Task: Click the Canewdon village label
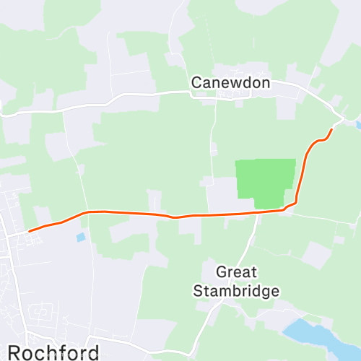click(230, 83)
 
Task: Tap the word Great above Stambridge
click(236, 273)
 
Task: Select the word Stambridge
click(236, 291)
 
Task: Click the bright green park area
click(265, 182)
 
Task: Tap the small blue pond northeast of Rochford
click(80, 236)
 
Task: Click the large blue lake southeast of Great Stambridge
click(310, 334)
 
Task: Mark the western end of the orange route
click(29, 231)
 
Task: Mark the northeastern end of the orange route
click(331, 129)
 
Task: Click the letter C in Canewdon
click(196, 83)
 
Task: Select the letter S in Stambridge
click(196, 291)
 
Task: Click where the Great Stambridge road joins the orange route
click(257, 213)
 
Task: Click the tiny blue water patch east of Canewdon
click(358, 124)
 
